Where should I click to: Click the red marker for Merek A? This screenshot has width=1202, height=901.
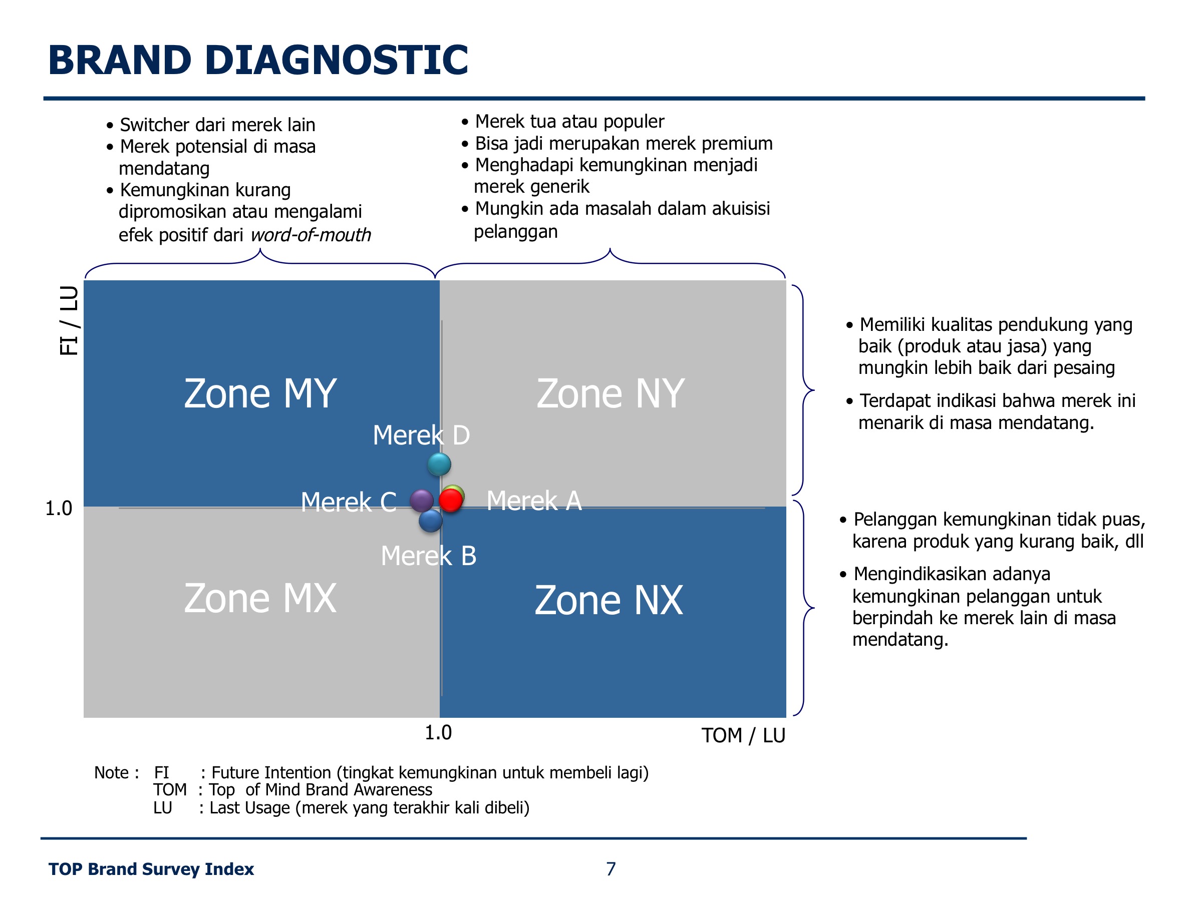point(450,500)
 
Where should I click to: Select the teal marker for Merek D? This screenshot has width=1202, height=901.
point(439,465)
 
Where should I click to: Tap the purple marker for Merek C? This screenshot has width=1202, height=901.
point(422,500)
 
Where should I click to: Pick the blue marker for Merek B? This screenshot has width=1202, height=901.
point(430,520)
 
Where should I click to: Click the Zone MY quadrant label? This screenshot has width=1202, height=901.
point(260,393)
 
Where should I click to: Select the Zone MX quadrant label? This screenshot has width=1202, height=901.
point(260,598)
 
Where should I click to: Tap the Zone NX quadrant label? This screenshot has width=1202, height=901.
point(609,600)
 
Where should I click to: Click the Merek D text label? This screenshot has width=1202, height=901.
point(421,435)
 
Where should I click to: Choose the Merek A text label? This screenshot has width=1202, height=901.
point(534,501)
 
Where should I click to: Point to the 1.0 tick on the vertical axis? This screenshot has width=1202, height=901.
point(59,509)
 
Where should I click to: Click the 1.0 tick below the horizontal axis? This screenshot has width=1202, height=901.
point(438,733)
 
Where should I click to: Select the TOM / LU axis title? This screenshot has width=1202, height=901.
point(743,735)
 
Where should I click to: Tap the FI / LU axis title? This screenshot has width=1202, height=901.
point(69,320)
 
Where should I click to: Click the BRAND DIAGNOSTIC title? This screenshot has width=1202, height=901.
point(258,60)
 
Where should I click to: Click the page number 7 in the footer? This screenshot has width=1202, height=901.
point(611,869)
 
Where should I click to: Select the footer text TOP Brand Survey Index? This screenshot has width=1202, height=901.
point(151,869)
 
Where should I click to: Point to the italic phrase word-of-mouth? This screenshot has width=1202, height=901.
point(311,235)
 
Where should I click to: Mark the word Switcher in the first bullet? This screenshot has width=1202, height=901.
point(154,125)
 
